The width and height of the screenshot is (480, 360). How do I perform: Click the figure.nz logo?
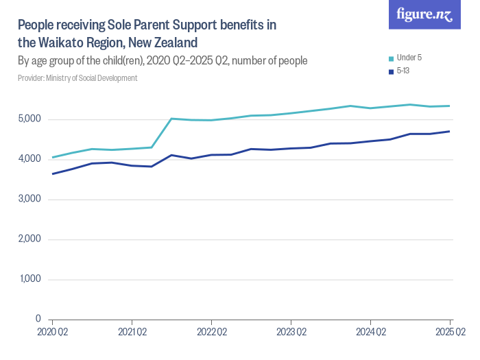click(x=424, y=14)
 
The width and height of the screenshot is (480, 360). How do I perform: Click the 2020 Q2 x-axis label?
click(x=52, y=333)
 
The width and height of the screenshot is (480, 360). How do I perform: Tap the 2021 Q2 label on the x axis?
click(x=132, y=333)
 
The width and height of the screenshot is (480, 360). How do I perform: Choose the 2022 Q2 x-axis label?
click(x=211, y=333)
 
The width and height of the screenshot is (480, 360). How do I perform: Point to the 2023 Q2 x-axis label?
click(x=291, y=333)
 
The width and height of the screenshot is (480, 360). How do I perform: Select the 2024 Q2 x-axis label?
click(x=370, y=333)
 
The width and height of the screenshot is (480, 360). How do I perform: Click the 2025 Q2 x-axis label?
click(x=450, y=333)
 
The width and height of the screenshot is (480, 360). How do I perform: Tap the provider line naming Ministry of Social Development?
click(x=77, y=78)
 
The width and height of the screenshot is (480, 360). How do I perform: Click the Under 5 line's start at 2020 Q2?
click(x=53, y=158)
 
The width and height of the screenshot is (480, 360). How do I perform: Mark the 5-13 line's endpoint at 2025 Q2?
click(x=450, y=132)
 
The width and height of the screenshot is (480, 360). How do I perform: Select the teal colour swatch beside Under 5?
click(x=391, y=58)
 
